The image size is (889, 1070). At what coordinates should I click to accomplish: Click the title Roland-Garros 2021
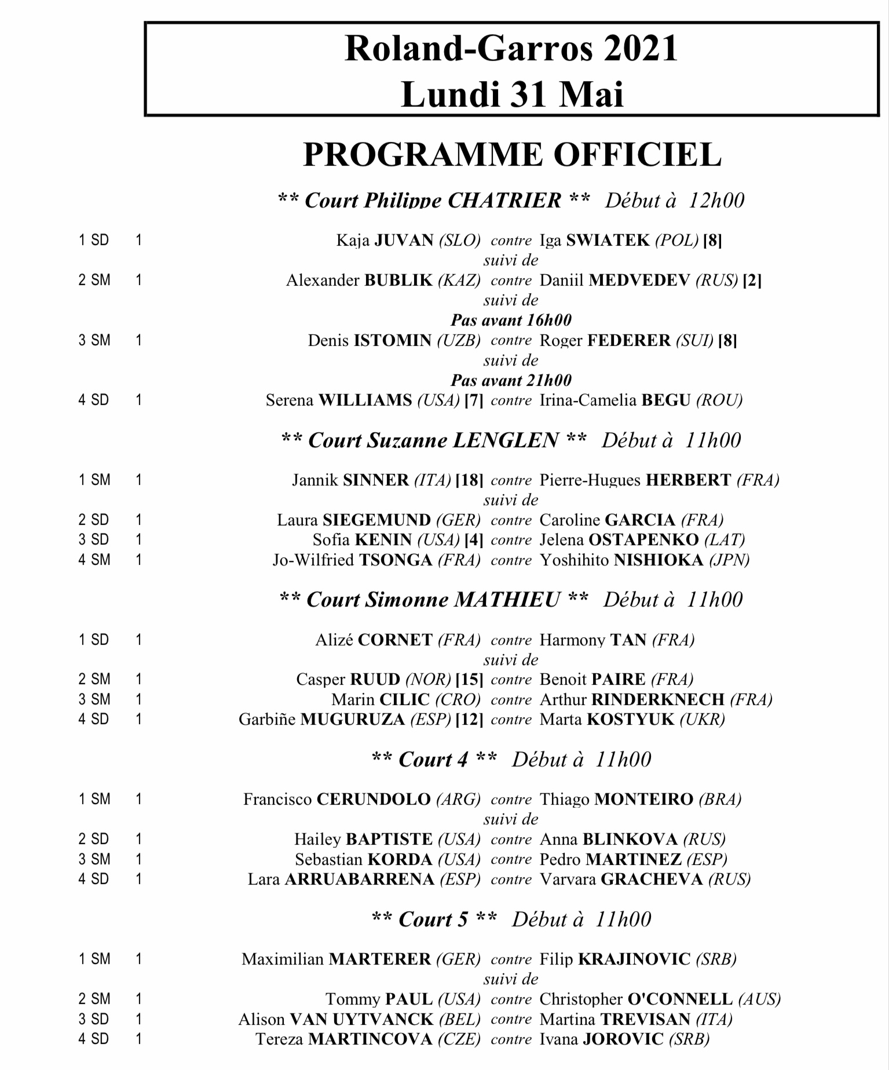coord(511,49)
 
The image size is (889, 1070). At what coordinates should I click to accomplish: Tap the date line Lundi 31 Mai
coord(512,94)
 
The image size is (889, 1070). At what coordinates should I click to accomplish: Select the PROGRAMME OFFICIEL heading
coord(512,155)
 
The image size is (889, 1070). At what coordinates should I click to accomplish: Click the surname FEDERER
coord(629,340)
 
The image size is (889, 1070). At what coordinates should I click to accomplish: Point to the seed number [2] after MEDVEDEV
coord(752,280)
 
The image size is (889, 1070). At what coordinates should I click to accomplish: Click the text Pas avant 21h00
coord(511,380)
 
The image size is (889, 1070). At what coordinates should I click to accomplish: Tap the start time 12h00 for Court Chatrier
coord(716,200)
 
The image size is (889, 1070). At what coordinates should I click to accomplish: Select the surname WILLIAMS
coord(365,400)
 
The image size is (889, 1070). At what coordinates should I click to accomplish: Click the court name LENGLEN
coord(505,440)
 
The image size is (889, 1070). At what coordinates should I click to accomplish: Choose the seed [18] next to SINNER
coord(469,480)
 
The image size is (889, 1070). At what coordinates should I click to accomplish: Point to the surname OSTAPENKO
coord(643,540)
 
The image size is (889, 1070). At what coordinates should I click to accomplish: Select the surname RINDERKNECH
coord(657,700)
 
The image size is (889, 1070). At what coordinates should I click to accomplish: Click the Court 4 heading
coord(433,759)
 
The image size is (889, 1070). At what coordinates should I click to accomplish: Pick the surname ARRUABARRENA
coord(359,879)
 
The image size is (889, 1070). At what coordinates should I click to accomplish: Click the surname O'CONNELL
coord(680,999)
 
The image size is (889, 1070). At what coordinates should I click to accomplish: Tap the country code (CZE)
coord(459,1039)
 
